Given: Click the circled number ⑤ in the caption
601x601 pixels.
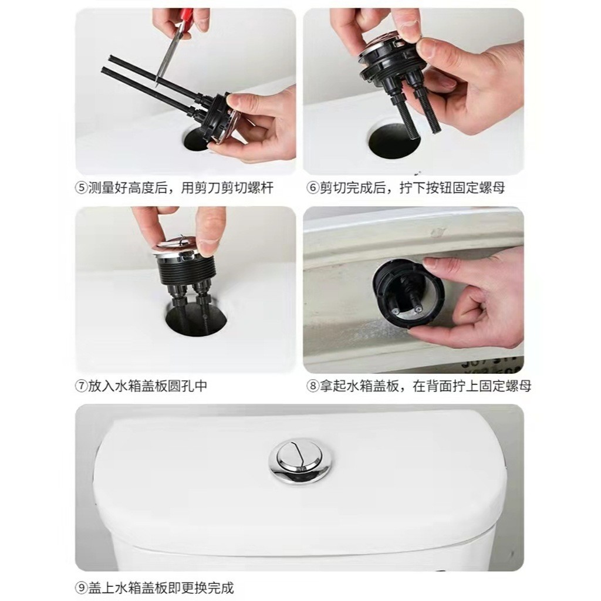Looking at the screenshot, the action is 82,188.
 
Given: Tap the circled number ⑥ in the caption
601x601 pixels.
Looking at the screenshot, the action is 313,188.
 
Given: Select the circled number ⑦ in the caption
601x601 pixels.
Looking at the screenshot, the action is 82,386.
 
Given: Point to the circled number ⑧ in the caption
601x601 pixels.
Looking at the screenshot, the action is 313,386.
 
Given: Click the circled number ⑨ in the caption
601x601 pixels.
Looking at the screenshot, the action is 82,588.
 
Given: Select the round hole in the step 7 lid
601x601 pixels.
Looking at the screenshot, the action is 195,318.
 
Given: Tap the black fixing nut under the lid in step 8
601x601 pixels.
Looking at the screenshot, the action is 408,293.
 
